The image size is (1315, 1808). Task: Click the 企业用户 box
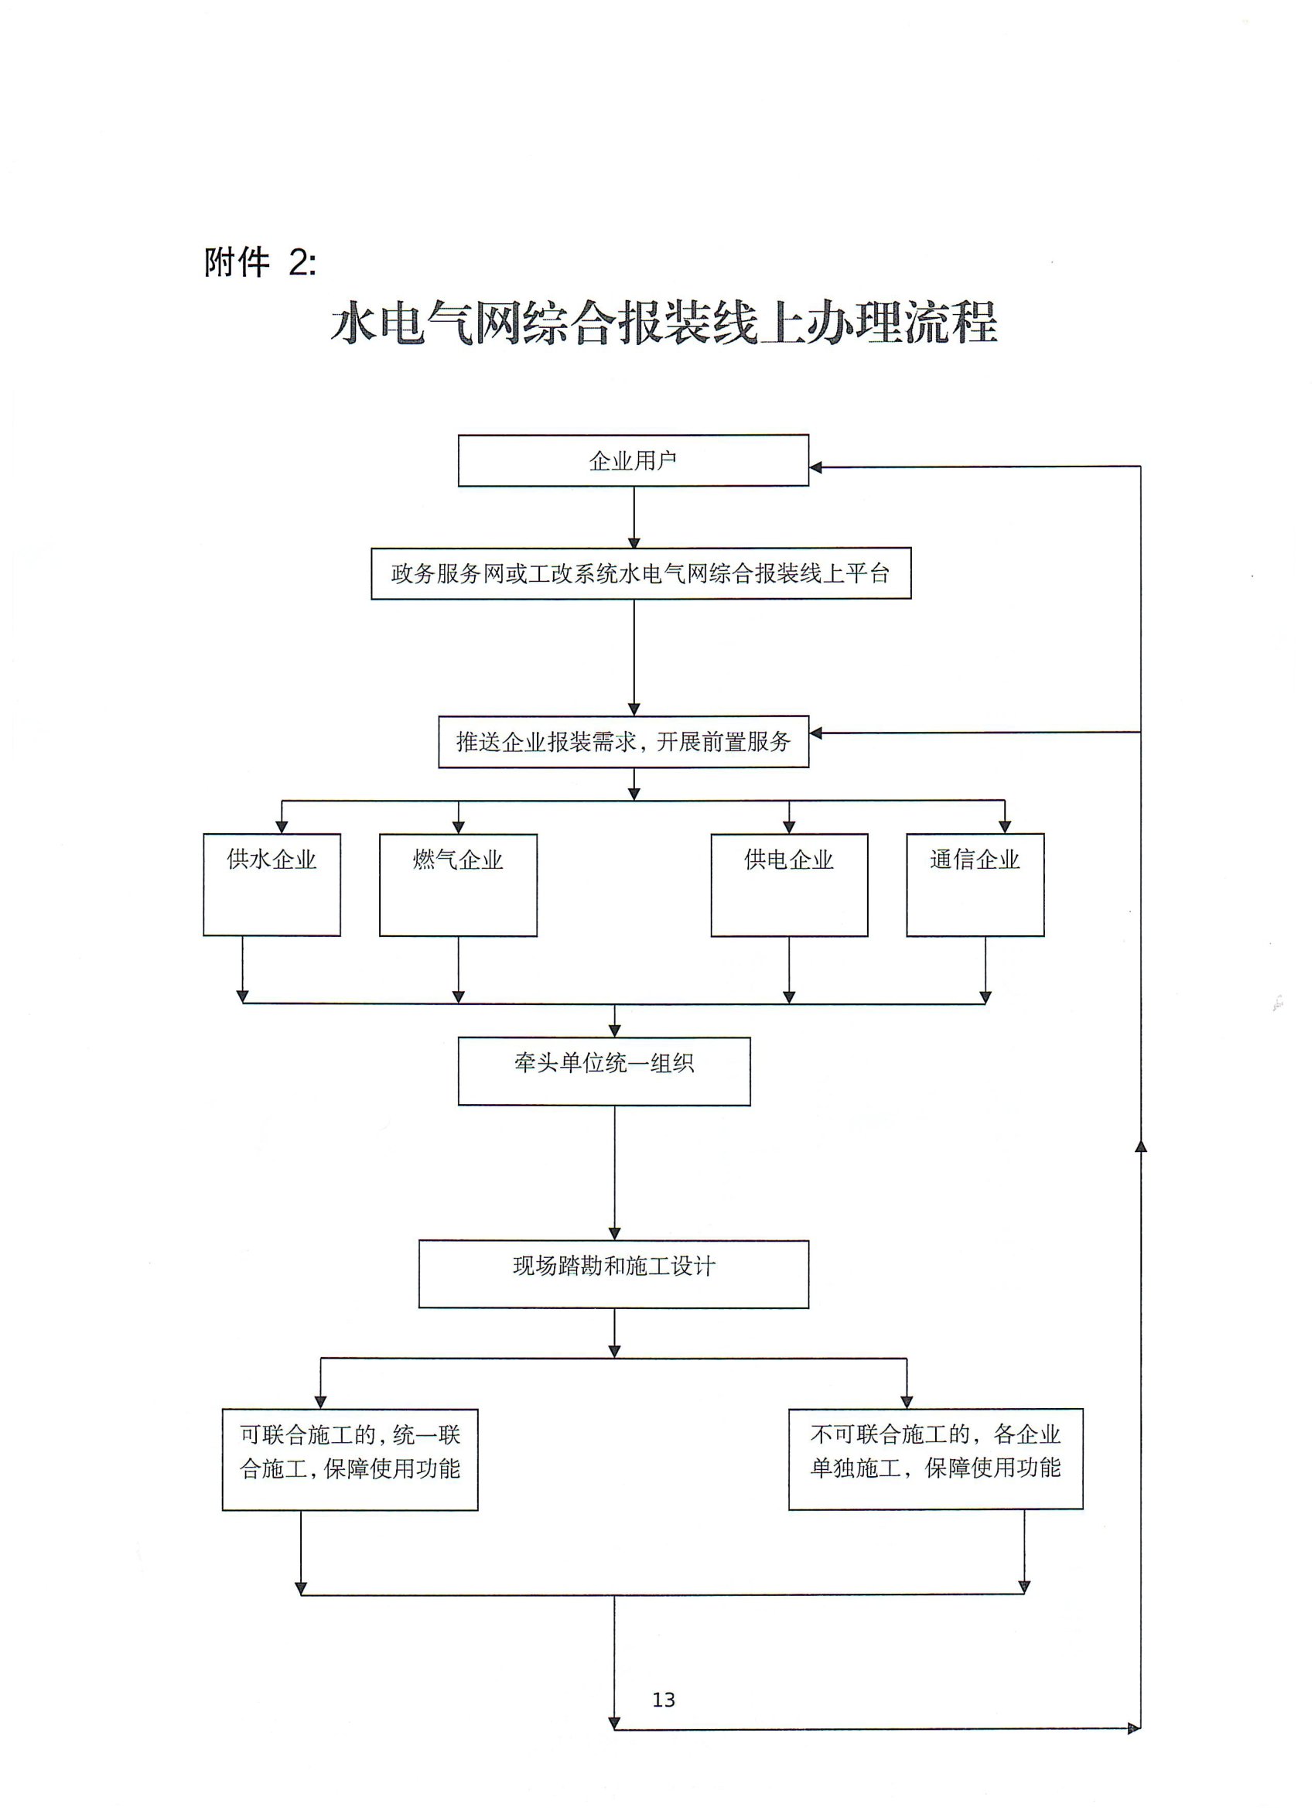[633, 460]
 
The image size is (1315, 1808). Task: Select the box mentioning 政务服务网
[640, 573]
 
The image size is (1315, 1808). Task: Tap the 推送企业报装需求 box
[623, 741]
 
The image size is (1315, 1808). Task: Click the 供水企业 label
[272, 860]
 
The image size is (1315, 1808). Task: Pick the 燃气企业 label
[457, 860]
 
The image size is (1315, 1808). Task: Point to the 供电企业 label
[788, 860]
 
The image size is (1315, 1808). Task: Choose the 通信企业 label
[975, 860]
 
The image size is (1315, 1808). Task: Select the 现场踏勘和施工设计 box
[613, 1266]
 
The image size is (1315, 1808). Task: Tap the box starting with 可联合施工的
[350, 1453]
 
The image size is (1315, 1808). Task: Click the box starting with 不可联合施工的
[935, 1452]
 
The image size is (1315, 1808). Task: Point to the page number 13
[663, 1700]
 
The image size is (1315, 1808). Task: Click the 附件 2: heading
[260, 262]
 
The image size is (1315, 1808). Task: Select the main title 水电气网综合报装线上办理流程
[664, 323]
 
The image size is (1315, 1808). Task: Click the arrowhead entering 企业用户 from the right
[815, 467]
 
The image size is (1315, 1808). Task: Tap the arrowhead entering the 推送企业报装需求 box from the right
[815, 733]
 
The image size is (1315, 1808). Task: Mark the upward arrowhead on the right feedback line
[1140, 1147]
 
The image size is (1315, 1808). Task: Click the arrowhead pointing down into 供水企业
[282, 828]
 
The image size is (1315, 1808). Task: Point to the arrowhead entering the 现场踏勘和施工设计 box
[614, 1234]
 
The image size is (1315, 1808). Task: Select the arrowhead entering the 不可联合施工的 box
[906, 1403]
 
